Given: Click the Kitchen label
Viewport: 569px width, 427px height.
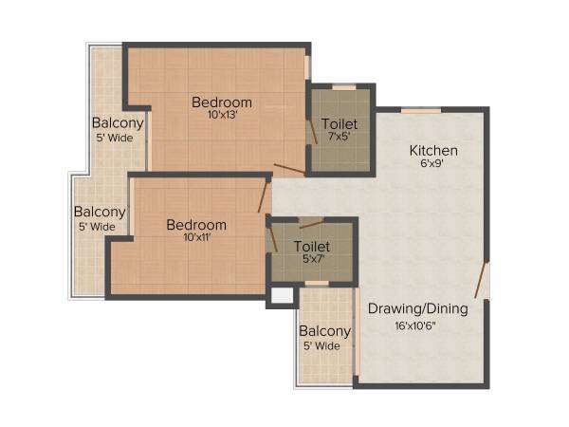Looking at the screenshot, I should tap(433, 150).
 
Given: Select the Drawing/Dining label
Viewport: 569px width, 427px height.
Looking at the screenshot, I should tap(418, 307).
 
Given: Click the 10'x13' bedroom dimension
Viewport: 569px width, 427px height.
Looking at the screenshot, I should tap(222, 116).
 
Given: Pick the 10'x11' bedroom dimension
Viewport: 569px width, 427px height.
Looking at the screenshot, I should tap(196, 238).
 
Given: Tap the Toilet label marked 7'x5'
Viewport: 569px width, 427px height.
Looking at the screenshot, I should tap(340, 124).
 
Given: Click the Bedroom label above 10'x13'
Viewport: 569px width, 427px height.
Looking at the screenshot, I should tap(222, 102).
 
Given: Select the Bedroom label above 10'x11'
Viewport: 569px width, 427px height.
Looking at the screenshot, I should tap(196, 225).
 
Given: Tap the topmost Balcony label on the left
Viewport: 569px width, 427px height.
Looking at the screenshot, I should tap(118, 122).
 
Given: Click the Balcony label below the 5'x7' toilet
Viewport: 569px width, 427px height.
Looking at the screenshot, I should tap(324, 331).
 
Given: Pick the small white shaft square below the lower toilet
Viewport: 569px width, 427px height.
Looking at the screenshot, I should tap(281, 296).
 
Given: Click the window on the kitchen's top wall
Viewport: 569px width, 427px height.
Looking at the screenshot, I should tap(420, 111).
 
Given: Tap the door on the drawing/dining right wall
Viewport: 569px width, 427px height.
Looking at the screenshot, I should tap(483, 281).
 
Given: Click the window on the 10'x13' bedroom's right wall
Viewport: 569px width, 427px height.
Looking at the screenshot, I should tap(307, 67).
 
